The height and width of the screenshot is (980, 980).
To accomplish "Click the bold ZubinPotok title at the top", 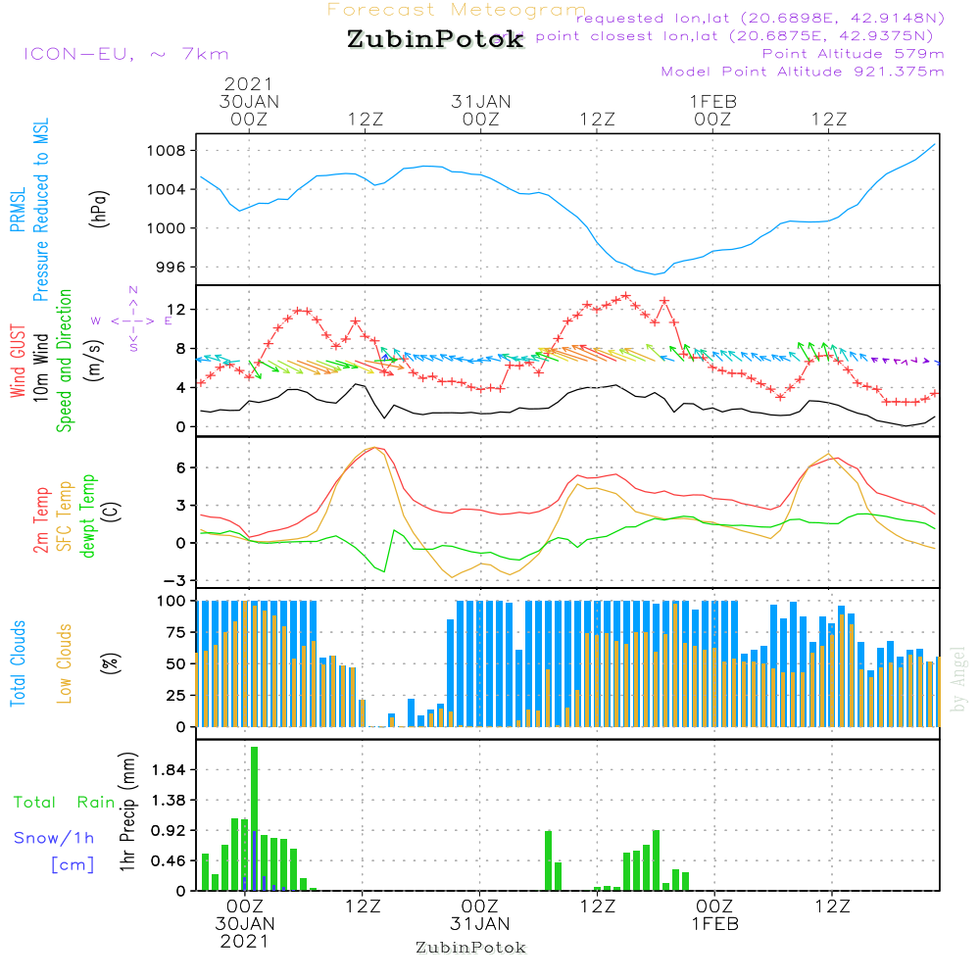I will pos(434,40).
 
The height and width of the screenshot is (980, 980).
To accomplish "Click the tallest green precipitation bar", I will pos(255,818).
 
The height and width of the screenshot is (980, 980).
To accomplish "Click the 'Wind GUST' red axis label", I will pos(18,356).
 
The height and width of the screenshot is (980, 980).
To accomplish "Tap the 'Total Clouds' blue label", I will pos(18,663).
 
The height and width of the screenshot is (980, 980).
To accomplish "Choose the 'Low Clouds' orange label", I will pos(65,663).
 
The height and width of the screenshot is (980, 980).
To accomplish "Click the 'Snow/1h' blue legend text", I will pos(54,838).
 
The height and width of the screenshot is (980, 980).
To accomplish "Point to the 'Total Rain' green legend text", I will pos(64,802).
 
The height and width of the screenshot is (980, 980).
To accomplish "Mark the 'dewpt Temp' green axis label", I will pos(88,516).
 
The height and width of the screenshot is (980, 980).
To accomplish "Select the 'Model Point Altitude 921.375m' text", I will pos(803,72).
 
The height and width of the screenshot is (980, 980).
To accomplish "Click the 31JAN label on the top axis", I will pos(480,101).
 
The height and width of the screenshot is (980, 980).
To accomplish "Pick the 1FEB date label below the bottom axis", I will pos(714,923).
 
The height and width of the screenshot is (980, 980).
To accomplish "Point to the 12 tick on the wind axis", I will pos(180,310).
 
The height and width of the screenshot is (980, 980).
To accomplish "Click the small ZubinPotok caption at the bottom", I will pos(470,948).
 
